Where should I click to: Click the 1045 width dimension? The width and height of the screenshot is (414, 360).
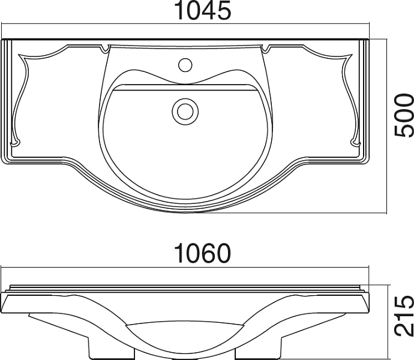tap(203, 11)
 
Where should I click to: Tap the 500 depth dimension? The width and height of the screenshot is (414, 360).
tap(403, 115)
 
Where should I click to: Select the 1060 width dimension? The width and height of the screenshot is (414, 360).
tap(203, 253)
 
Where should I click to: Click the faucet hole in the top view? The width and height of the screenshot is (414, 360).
tap(185, 65)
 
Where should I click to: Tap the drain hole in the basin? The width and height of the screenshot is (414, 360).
tap(185, 112)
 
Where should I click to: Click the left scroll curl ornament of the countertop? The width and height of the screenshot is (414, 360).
tap(15, 143)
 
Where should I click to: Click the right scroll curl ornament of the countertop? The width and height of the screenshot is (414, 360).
tap(355, 143)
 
